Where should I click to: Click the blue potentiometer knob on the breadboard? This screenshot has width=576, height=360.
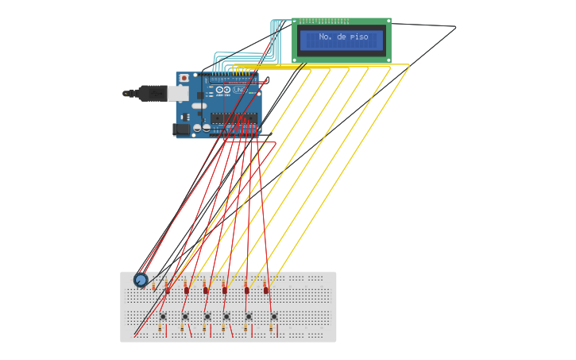pyautogui.click(x=141, y=279)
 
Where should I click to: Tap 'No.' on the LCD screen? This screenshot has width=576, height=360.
pyautogui.click(x=326, y=37)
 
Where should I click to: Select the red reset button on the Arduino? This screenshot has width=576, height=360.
pyautogui.click(x=184, y=78)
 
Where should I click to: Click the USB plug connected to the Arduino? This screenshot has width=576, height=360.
pyautogui.click(x=148, y=93)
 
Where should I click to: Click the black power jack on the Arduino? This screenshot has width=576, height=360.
pyautogui.click(x=182, y=127)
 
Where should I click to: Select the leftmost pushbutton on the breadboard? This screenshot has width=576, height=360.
pyautogui.click(x=163, y=316)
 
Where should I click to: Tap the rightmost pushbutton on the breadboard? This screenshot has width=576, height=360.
pyautogui.click(x=274, y=316)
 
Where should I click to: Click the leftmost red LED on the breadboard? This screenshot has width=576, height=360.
pyautogui.click(x=168, y=289)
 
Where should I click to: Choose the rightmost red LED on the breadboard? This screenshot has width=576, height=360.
pyautogui.click(x=266, y=289)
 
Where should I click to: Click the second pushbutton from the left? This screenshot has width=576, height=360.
pyautogui.click(x=185, y=316)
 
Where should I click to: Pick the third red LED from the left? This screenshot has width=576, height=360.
pyautogui.click(x=206, y=289)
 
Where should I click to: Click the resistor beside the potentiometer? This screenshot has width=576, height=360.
pyautogui.click(x=156, y=285)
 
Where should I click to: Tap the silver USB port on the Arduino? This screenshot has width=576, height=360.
pyautogui.click(x=178, y=93)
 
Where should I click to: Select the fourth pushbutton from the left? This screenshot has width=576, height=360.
pyautogui.click(x=226, y=316)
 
